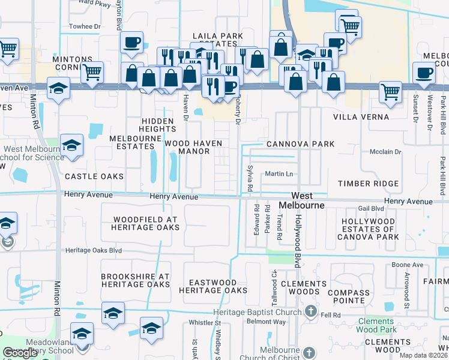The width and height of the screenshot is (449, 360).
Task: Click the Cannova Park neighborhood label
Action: [x=300, y=144]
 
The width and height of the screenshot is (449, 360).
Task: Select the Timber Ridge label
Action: [x=368, y=184]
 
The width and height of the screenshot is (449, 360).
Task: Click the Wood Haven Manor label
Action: [x=193, y=148]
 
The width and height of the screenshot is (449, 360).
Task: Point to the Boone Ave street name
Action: [x=407, y=265]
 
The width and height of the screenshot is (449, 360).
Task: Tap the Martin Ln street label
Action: [x=280, y=174]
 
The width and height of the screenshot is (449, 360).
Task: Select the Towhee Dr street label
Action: [x=85, y=26]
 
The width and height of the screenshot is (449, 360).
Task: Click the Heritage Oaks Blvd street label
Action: [x=94, y=250]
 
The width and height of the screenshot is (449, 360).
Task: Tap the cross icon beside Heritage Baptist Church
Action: [x=310, y=311]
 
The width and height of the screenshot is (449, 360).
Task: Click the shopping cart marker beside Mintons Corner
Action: [x=92, y=73]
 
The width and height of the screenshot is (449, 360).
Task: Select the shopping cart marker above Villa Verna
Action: [x=390, y=92]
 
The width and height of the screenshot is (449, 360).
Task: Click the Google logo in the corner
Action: [x=20, y=353]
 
